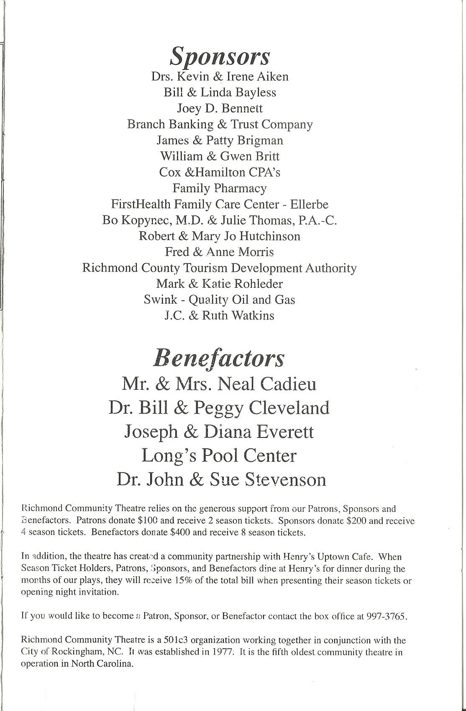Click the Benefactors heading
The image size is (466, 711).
[x=220, y=358]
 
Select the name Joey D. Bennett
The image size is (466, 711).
[x=220, y=108]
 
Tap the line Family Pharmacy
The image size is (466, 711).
[x=220, y=188]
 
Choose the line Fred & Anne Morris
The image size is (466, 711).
[x=220, y=252]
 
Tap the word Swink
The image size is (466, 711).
[x=159, y=299]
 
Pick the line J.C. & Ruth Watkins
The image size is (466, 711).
[x=220, y=315]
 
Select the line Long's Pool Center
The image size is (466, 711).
[x=219, y=455]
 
